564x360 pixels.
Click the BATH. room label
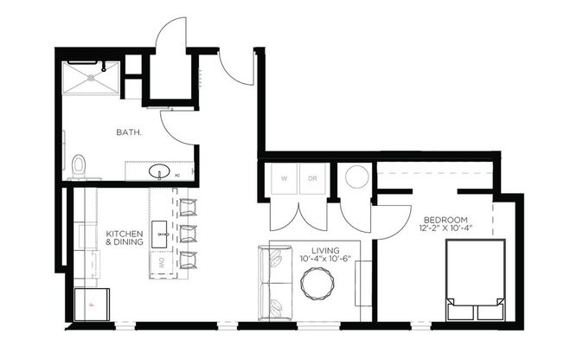129,132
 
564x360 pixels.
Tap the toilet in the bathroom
79,165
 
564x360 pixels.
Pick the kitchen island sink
161,231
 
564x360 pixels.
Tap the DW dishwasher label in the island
161,262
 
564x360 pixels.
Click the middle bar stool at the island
188,233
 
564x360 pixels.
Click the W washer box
283,179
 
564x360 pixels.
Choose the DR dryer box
313,179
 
